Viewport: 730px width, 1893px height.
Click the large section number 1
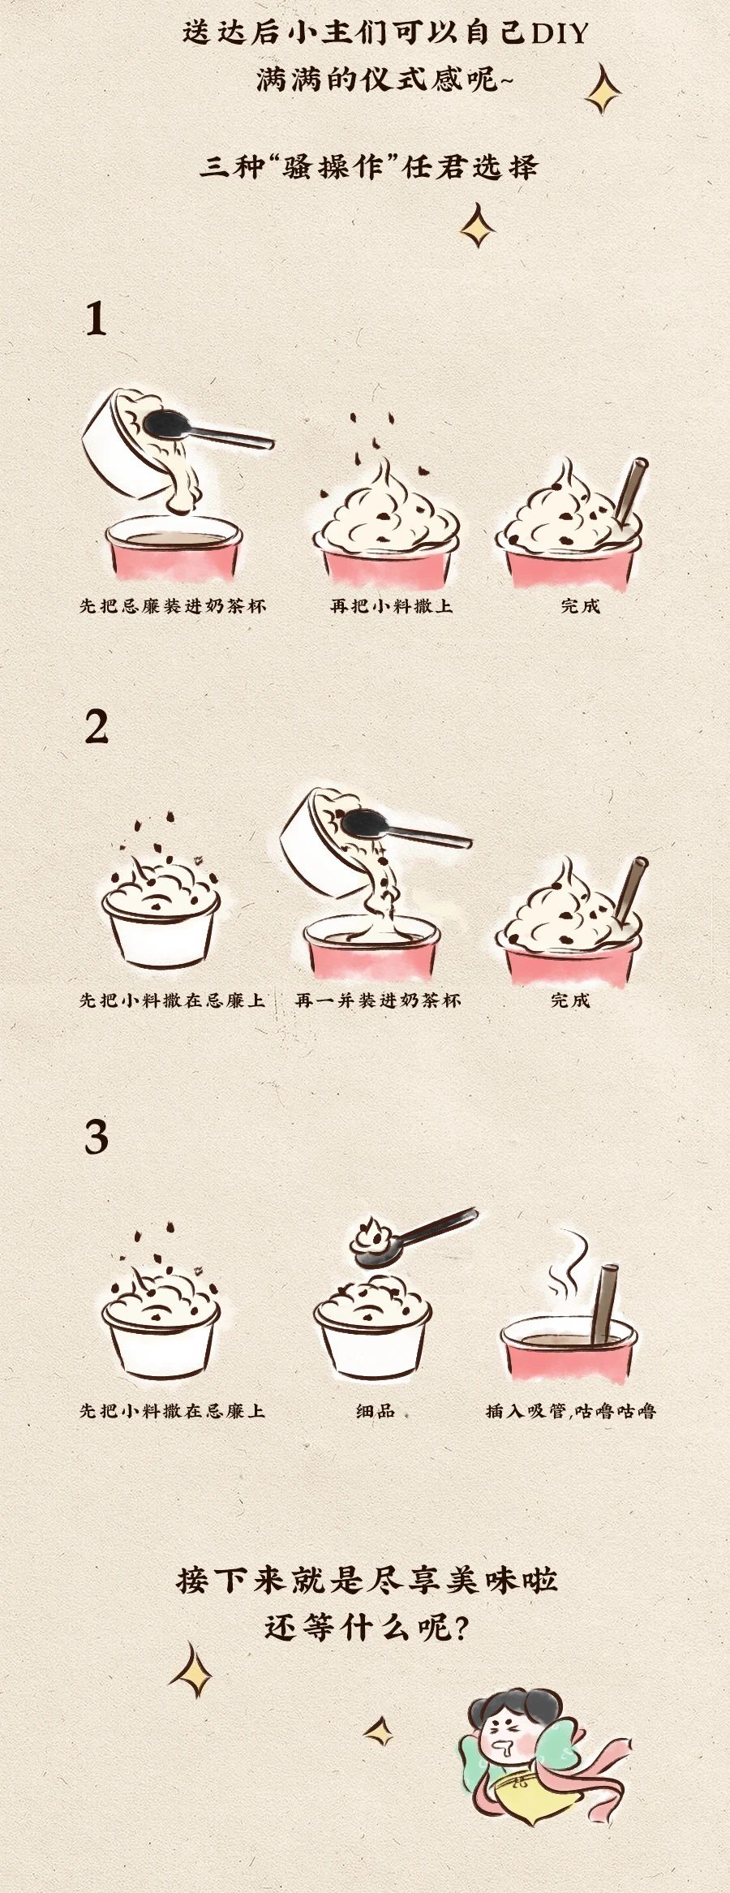point(97,319)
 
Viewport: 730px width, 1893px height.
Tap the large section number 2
point(97,727)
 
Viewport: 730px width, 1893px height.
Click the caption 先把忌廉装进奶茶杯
point(173,606)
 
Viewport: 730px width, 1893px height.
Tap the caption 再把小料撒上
point(391,606)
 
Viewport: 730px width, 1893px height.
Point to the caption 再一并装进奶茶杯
point(378,1000)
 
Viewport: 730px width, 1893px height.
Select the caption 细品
point(376,1411)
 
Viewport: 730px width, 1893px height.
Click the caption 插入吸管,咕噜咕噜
point(571,1411)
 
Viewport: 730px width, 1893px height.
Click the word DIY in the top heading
point(559,33)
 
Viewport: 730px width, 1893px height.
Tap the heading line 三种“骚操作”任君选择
point(369,166)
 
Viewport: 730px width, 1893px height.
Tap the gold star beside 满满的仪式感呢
point(603,90)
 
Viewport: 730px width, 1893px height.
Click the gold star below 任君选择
point(478,226)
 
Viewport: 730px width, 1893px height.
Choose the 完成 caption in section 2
point(570,1000)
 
